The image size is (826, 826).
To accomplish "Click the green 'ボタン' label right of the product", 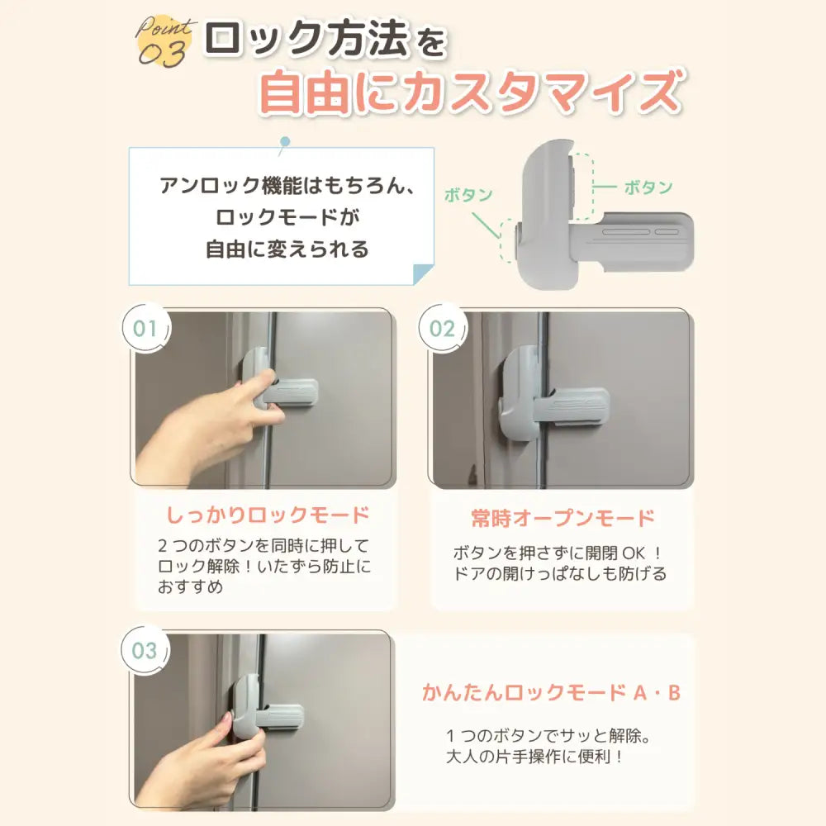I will pos(648,187).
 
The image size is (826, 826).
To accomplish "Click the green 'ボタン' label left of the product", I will pos(468,196).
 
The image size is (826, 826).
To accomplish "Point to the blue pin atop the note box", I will pos(285,142).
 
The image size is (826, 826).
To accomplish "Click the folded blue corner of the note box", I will pos(423,274).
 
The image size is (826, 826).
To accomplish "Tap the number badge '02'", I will pos(442,328).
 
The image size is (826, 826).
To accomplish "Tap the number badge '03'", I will pos(145,650).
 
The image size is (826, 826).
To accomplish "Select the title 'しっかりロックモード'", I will pos(267,516).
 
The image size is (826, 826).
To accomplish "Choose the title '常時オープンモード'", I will pos(563,518).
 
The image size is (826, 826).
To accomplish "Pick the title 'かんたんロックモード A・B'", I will pos(551,693).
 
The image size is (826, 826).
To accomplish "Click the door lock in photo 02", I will pos(545,395).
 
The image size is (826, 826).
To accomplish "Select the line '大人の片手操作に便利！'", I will pos(532,756).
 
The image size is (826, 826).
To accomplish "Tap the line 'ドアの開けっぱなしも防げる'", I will pos(560,573).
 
